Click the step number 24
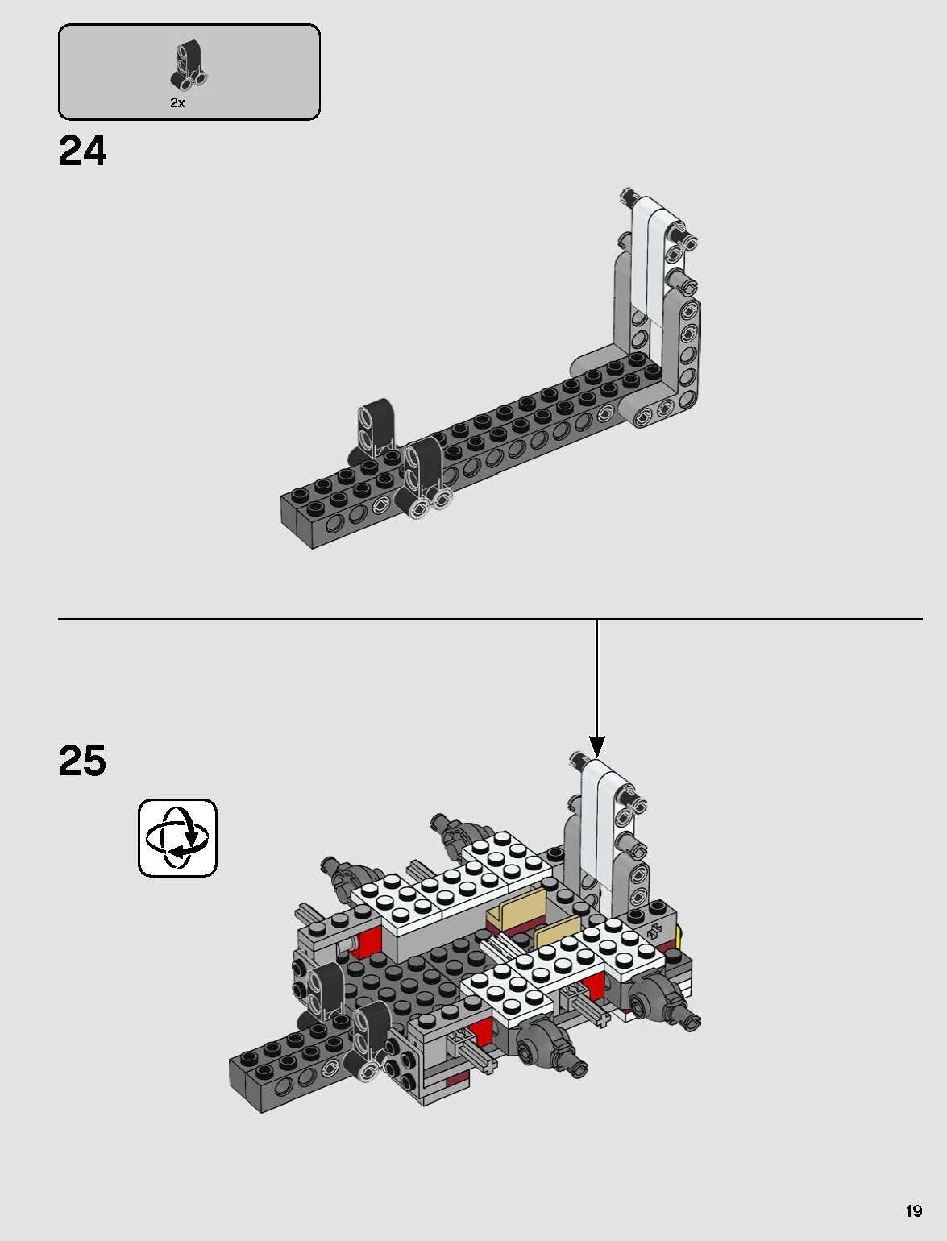pos(82,151)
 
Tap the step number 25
pos(82,761)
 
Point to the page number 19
pos(913,1210)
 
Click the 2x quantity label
pos(177,103)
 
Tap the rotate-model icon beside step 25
pos(177,838)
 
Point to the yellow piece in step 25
pos(679,936)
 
